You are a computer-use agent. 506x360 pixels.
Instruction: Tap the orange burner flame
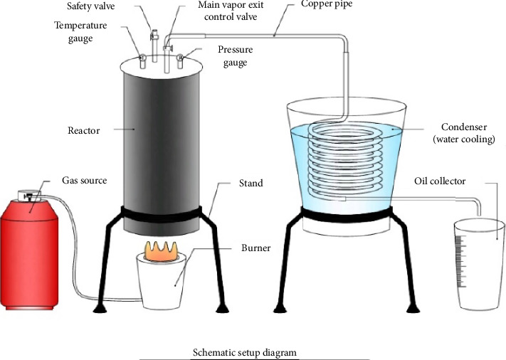(x=169, y=251)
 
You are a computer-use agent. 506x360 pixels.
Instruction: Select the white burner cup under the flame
(x=170, y=285)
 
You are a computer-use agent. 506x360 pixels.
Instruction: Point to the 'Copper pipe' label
(x=327, y=6)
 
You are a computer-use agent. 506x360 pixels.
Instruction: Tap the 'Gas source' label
(x=85, y=181)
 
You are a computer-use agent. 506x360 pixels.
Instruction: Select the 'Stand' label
(x=251, y=183)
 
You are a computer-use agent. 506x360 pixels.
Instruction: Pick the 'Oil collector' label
(x=440, y=181)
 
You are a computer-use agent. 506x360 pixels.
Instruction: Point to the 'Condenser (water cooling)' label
(x=463, y=134)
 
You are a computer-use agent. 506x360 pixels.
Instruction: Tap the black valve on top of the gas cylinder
(x=31, y=194)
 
